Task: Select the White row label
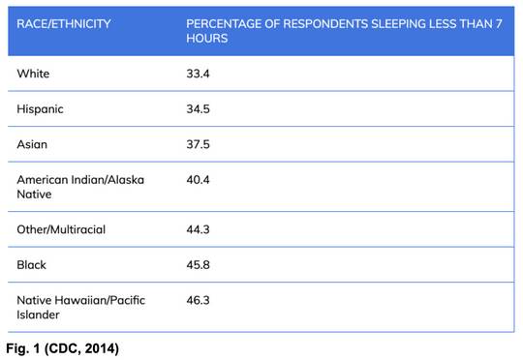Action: point(33,73)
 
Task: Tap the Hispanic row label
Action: point(41,108)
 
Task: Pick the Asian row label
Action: point(33,144)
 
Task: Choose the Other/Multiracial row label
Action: point(62,229)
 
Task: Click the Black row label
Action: point(32,264)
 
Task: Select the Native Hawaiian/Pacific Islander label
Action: point(81,307)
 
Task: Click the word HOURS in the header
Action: point(206,38)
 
